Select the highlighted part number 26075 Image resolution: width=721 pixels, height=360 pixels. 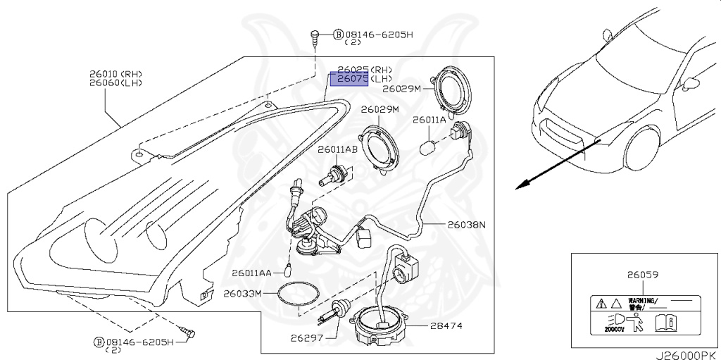click(353, 80)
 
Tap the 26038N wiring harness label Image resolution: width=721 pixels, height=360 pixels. click(466, 225)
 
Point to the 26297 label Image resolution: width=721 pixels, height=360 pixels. click(306, 338)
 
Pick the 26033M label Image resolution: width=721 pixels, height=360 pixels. click(242, 293)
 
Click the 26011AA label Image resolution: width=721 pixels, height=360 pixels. click(250, 273)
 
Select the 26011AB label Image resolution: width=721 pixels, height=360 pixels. click(337, 150)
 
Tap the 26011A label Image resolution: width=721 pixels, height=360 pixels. click(429, 120)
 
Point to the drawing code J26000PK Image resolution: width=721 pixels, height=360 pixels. click(687, 355)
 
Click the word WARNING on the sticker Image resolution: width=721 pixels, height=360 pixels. click(639, 299)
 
